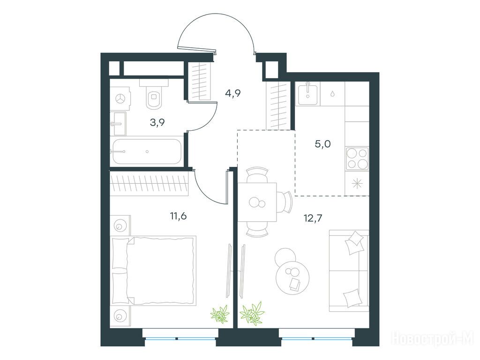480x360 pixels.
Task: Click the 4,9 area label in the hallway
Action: (x=232, y=93)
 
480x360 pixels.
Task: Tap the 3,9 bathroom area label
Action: (x=157, y=122)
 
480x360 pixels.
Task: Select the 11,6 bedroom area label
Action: (x=179, y=216)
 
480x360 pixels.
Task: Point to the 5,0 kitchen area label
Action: (x=322, y=143)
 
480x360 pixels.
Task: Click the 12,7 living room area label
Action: (x=313, y=218)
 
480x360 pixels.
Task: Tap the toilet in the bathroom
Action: (x=154, y=94)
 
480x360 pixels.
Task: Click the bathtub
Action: (x=147, y=151)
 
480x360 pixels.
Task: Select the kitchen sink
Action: (x=308, y=94)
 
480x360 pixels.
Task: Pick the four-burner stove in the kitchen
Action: (x=357, y=158)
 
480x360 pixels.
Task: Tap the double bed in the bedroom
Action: (x=153, y=270)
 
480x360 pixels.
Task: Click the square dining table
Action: (x=257, y=202)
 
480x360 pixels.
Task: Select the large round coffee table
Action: (x=292, y=277)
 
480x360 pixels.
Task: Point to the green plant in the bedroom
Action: (x=220, y=314)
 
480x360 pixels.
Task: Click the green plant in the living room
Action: (x=252, y=313)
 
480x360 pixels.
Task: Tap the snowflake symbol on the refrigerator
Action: (x=357, y=184)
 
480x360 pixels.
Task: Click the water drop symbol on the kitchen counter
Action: (x=332, y=94)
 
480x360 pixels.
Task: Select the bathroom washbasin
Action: (x=118, y=124)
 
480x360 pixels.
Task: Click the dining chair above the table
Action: (x=257, y=175)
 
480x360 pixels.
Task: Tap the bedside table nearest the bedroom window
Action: (x=120, y=316)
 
